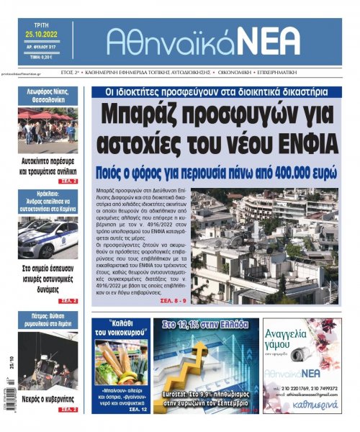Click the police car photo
(x=48, y=238)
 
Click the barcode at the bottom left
(x=9, y=392)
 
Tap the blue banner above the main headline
(x=215, y=92)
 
